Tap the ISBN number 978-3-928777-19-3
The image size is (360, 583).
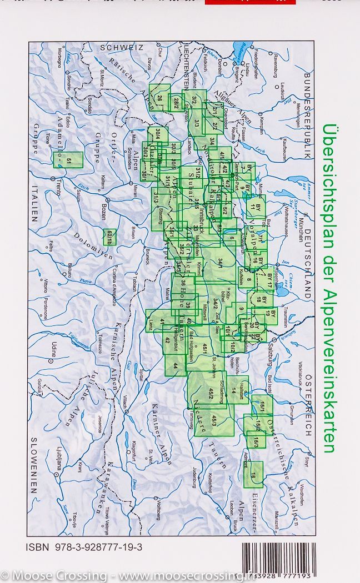(x=84, y=547)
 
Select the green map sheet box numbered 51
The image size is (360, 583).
(x=72, y=160)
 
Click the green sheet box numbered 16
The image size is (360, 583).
(x=253, y=475)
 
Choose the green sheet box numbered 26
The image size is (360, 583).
(x=159, y=98)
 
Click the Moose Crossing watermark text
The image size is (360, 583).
(x=122, y=576)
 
